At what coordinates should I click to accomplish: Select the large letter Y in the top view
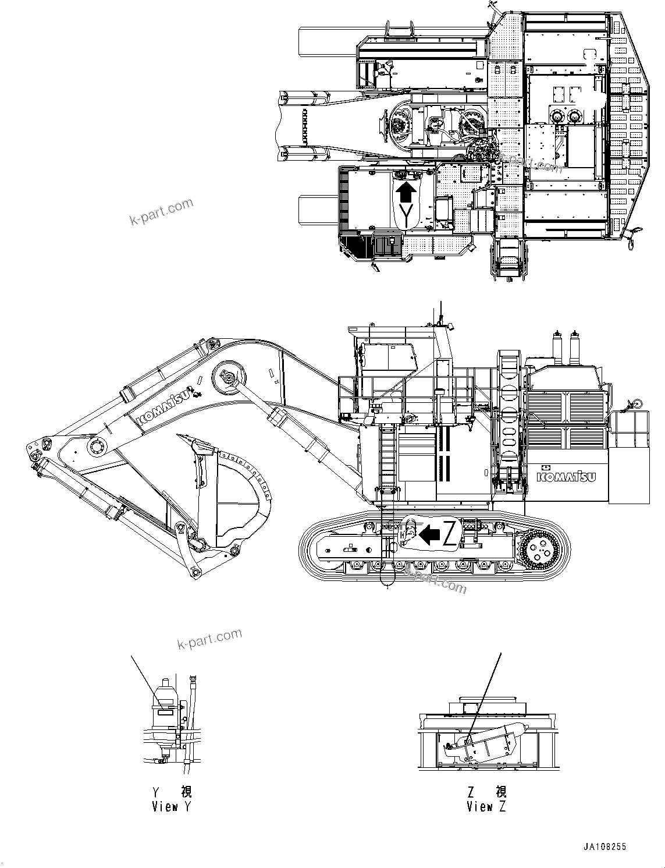(x=407, y=214)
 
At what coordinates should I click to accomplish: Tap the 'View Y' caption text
(x=171, y=807)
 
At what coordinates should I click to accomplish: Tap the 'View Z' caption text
(x=486, y=807)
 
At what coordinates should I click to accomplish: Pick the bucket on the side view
(x=233, y=495)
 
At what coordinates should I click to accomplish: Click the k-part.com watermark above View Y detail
(x=209, y=639)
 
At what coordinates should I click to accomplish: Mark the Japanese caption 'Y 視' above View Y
(x=171, y=792)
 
